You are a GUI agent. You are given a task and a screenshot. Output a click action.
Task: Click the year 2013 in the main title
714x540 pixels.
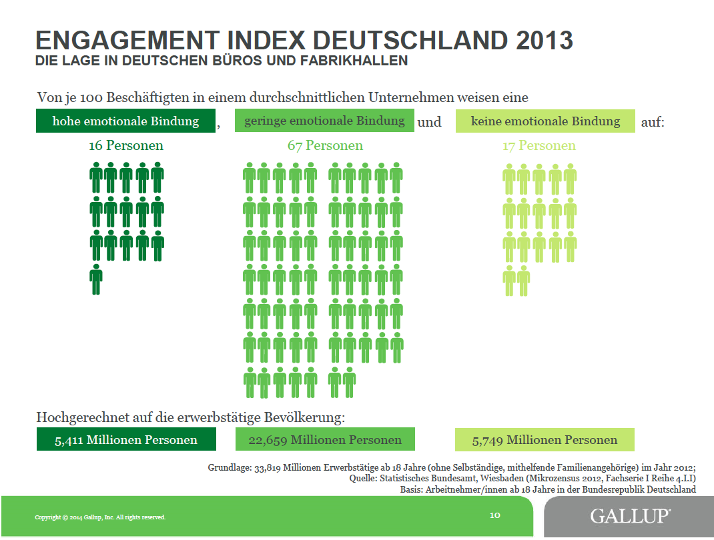click(544, 40)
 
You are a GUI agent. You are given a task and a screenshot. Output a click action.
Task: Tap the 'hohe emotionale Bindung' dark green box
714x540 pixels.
click(126, 121)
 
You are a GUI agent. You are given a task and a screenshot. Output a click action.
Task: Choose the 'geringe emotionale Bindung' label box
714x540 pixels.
click(324, 121)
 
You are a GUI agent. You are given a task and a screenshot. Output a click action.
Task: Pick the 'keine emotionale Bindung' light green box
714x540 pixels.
click(545, 121)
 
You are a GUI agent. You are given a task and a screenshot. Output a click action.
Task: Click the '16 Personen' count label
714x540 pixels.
click(126, 145)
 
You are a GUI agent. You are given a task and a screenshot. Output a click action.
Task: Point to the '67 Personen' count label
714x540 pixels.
click(325, 145)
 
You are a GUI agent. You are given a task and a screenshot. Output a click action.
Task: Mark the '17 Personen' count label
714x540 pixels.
click(539, 145)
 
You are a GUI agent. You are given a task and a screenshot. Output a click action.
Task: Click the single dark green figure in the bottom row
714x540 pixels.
click(96, 279)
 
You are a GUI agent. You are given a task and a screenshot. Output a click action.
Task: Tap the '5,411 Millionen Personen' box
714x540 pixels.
click(126, 440)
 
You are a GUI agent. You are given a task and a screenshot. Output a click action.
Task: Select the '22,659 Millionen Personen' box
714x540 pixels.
click(325, 440)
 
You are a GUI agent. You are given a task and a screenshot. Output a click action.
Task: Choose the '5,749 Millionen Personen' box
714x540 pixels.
click(545, 440)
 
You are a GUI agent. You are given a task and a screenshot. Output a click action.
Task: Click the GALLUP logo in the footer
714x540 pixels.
click(630, 516)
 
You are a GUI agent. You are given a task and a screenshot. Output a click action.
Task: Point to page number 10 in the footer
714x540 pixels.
click(495, 515)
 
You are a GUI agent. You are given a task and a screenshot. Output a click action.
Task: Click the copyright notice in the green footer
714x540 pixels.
click(100, 517)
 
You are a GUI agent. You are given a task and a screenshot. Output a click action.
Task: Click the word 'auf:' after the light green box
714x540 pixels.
click(653, 122)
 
